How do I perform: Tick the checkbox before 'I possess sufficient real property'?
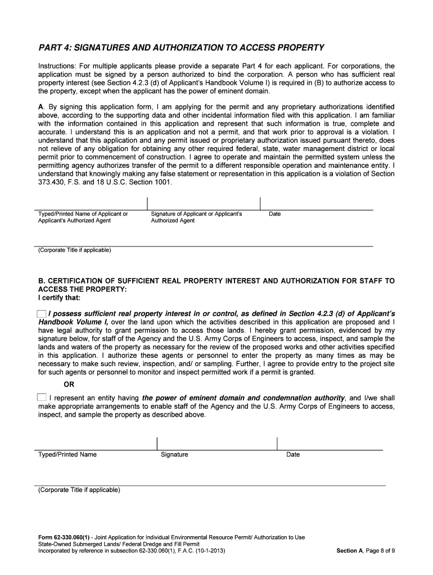coord(42,313)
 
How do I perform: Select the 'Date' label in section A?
coord(274,214)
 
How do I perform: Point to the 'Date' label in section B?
coord(293,455)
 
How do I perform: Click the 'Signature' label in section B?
coord(174,455)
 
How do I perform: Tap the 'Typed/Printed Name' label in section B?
coord(67,454)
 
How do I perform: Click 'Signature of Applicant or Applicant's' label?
coord(196,214)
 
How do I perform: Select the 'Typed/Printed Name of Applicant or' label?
coord(83,214)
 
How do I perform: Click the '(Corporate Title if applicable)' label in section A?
coord(74,250)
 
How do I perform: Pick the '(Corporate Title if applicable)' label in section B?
coord(79,490)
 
